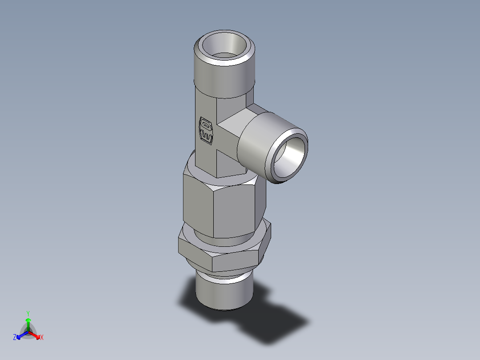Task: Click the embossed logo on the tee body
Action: click(206, 131)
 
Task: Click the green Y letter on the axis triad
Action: click(28, 313)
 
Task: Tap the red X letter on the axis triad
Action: click(42, 338)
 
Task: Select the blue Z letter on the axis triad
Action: click(15, 338)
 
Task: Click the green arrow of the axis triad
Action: click(28, 323)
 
